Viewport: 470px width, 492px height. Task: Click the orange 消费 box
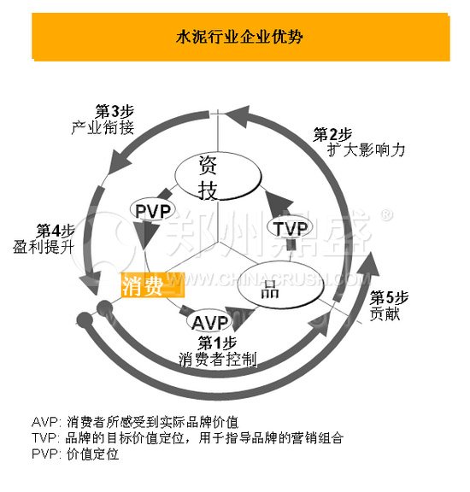pyautogui.click(x=143, y=284)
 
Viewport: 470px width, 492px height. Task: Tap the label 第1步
pyautogui.click(x=217, y=343)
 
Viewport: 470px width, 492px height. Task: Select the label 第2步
pyautogui.click(x=332, y=134)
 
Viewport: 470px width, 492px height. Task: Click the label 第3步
pyautogui.click(x=113, y=112)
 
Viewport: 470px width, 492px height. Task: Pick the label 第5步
pyautogui.click(x=390, y=297)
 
